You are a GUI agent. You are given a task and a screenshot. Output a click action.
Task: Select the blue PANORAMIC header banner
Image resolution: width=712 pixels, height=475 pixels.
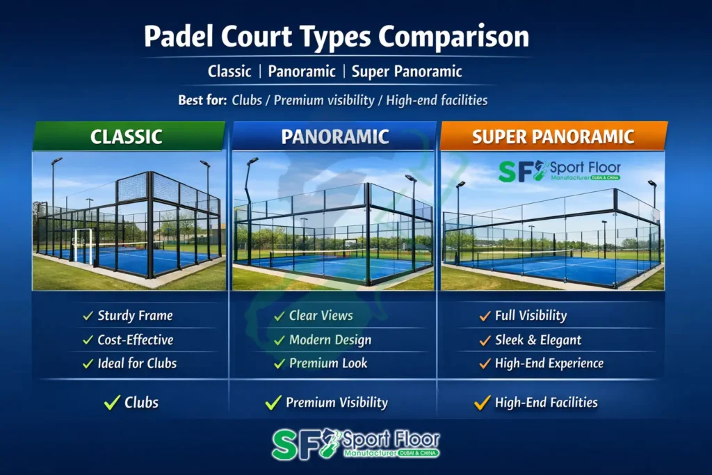click(334, 136)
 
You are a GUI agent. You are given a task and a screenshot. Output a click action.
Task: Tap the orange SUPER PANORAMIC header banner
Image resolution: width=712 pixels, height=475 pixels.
click(553, 136)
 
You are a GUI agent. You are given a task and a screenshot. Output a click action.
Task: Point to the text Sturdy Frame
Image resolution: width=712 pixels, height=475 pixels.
click(135, 316)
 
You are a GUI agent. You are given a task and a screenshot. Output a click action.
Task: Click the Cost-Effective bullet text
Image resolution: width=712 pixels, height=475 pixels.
click(135, 340)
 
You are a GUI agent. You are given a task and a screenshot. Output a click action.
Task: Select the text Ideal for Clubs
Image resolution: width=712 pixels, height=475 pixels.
click(137, 363)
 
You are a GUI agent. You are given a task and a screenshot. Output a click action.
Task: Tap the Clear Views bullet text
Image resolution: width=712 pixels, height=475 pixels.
click(321, 316)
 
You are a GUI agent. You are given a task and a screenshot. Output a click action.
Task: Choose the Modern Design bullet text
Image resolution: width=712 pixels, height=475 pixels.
click(330, 340)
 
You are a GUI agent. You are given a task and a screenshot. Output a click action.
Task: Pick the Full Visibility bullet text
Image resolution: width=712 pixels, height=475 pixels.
click(531, 316)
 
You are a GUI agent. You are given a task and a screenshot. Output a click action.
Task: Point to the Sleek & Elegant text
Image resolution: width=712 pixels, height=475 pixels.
click(538, 340)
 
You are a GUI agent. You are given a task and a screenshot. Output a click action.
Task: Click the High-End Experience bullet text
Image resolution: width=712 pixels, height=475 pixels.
click(549, 363)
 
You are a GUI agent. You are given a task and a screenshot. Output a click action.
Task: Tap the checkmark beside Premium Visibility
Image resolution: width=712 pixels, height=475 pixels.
click(274, 403)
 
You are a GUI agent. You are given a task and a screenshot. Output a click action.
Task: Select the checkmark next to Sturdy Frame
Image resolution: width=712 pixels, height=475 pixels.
click(88, 316)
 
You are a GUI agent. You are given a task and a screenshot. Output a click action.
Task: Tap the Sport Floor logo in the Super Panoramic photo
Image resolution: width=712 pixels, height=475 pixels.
click(560, 172)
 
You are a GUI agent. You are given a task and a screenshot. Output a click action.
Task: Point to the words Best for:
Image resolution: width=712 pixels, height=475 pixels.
click(202, 100)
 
